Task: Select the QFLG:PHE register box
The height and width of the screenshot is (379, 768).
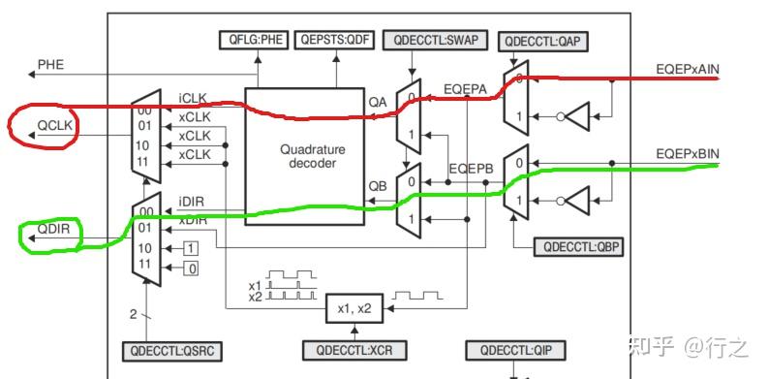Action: [255, 40]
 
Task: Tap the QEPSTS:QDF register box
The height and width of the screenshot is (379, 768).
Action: [334, 40]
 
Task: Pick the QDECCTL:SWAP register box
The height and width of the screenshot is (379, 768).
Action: [433, 40]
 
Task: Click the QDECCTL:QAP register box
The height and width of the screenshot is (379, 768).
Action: [543, 41]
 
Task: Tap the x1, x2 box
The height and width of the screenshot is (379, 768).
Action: [354, 307]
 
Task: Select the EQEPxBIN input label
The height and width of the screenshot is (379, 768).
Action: [686, 154]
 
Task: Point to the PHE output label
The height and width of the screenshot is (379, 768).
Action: [50, 65]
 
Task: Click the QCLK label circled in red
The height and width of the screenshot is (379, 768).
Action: [54, 125]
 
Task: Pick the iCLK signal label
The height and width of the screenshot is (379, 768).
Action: [194, 98]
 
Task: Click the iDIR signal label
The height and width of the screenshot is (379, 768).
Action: [192, 202]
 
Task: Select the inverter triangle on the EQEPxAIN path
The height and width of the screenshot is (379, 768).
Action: [575, 116]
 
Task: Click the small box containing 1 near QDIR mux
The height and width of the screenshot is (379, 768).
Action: [192, 248]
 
